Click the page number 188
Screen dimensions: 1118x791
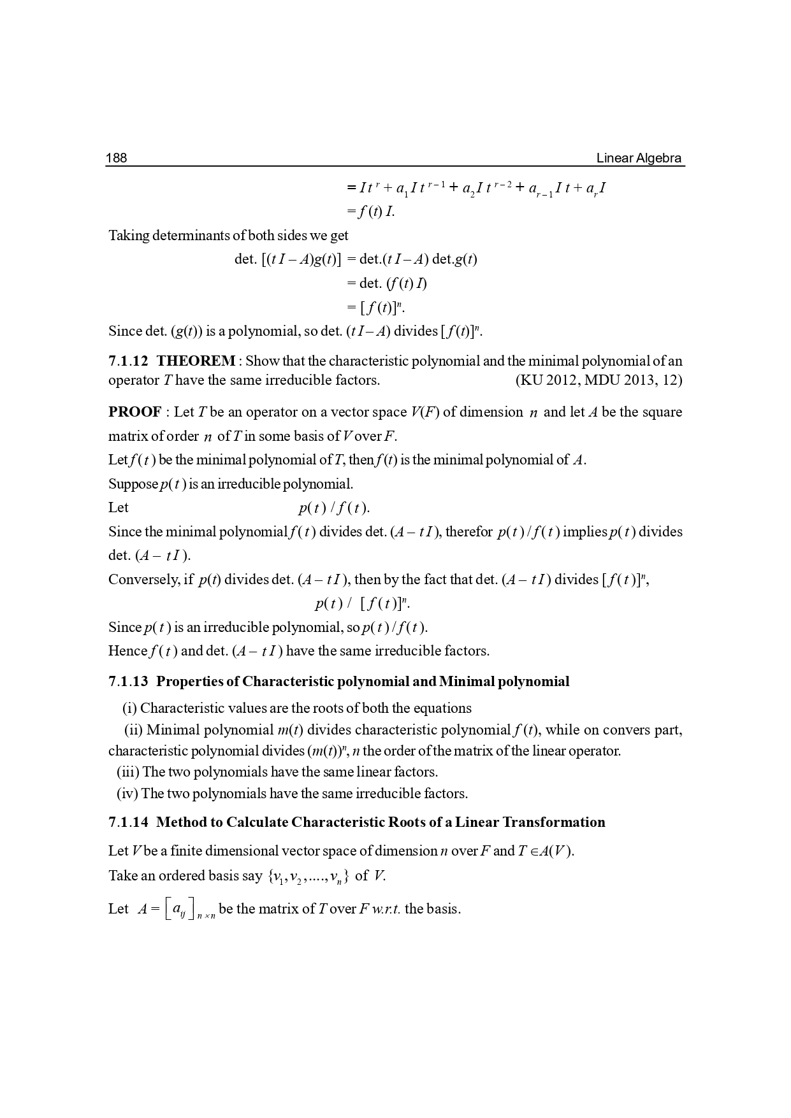pyautogui.click(x=116, y=158)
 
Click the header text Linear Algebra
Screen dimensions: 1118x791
pyautogui.click(x=639, y=158)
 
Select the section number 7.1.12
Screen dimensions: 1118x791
pyautogui.click(x=128, y=361)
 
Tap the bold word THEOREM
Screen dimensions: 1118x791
pyautogui.click(x=196, y=361)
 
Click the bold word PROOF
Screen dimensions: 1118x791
pyautogui.click(x=134, y=412)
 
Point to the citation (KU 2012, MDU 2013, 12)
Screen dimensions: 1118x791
pyautogui.click(x=598, y=380)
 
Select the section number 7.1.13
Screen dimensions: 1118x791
pyautogui.click(x=128, y=682)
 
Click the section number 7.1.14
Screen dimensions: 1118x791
pyautogui.click(x=128, y=822)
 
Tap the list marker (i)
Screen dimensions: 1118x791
pyautogui.click(x=130, y=708)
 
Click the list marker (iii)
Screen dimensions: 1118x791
pyautogui.click(x=128, y=772)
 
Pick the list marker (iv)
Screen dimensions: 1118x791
pyautogui.click(x=127, y=794)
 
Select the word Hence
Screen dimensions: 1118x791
pyautogui.click(x=127, y=651)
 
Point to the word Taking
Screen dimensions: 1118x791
pyautogui.click(x=128, y=236)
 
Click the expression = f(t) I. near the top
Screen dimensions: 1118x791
pyautogui.click(x=370, y=211)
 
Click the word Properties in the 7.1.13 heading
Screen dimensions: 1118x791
pyautogui.click(x=189, y=682)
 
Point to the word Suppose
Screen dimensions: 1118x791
pyautogui.click(x=133, y=484)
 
